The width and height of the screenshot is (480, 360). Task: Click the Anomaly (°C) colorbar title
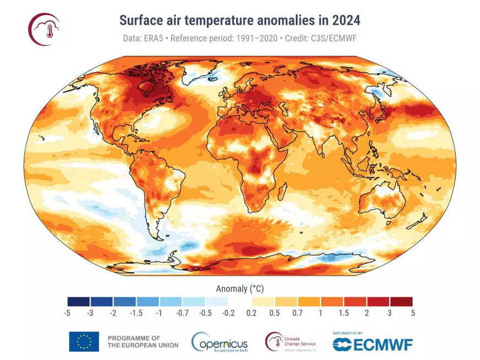239,288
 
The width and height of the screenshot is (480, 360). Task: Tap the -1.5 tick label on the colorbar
136,313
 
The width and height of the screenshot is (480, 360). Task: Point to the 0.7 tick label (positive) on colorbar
297,313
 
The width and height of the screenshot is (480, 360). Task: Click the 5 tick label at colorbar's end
412,313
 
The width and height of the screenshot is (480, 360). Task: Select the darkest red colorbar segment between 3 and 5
401,302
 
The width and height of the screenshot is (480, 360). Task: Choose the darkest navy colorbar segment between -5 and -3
79,302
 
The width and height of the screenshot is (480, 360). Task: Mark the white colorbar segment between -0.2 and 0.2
240,302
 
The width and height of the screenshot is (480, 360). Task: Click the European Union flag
84,341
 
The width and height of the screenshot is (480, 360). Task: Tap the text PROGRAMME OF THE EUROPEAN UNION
142,341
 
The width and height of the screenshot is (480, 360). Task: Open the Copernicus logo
219,342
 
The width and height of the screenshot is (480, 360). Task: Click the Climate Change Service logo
291,342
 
